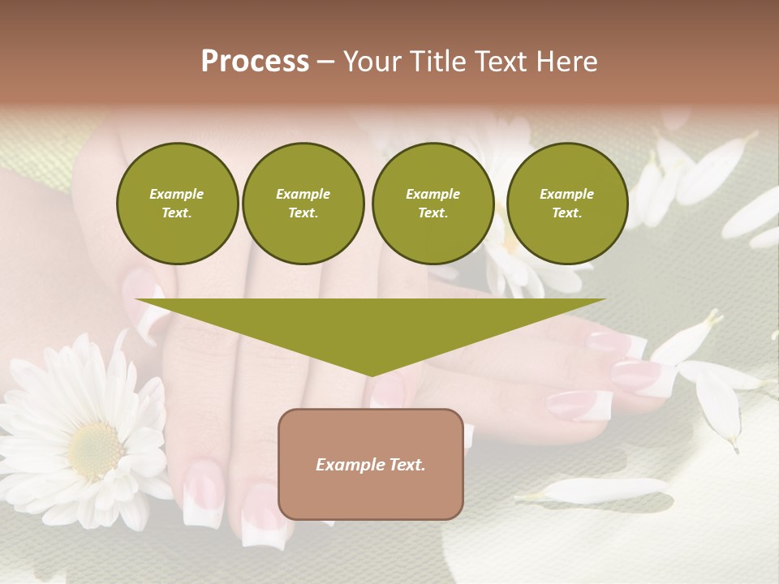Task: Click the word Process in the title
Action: pyautogui.click(x=255, y=61)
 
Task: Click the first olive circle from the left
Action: pyautogui.click(x=177, y=204)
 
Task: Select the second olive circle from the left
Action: pyautogui.click(x=303, y=204)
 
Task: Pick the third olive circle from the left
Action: pyautogui.click(x=433, y=204)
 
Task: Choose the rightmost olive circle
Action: pyautogui.click(x=566, y=204)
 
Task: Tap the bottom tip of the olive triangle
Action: pyautogui.click(x=371, y=374)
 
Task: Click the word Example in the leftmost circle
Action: pyautogui.click(x=177, y=194)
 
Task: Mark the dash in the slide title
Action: pyautogui.click(x=325, y=62)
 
